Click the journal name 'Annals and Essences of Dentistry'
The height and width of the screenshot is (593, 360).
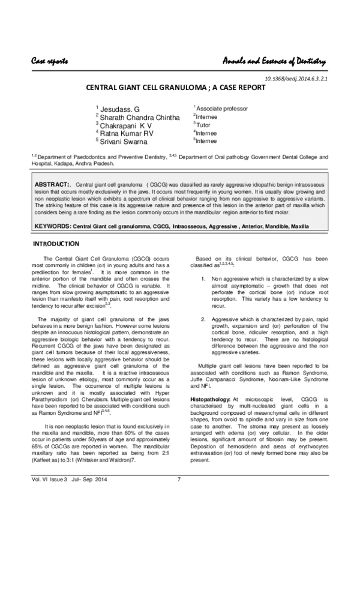[x=274, y=62]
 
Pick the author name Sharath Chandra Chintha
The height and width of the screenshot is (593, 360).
[x=140, y=118]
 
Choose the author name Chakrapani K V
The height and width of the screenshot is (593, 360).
[x=126, y=125]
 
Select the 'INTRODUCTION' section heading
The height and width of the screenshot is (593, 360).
[x=55, y=244]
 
